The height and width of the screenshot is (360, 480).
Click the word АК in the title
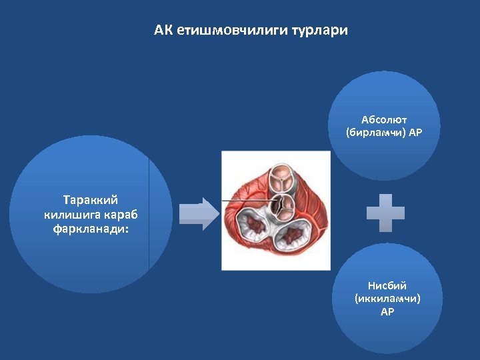click(x=163, y=31)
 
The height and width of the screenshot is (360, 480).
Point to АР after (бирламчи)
click(x=415, y=132)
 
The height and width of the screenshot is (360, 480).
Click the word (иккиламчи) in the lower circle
click(x=387, y=299)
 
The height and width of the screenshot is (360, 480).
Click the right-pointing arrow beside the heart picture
click(x=198, y=214)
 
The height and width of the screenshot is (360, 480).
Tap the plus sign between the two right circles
click(x=385, y=213)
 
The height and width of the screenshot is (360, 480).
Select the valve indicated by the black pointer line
click(x=285, y=204)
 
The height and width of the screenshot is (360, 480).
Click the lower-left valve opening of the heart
click(x=253, y=230)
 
